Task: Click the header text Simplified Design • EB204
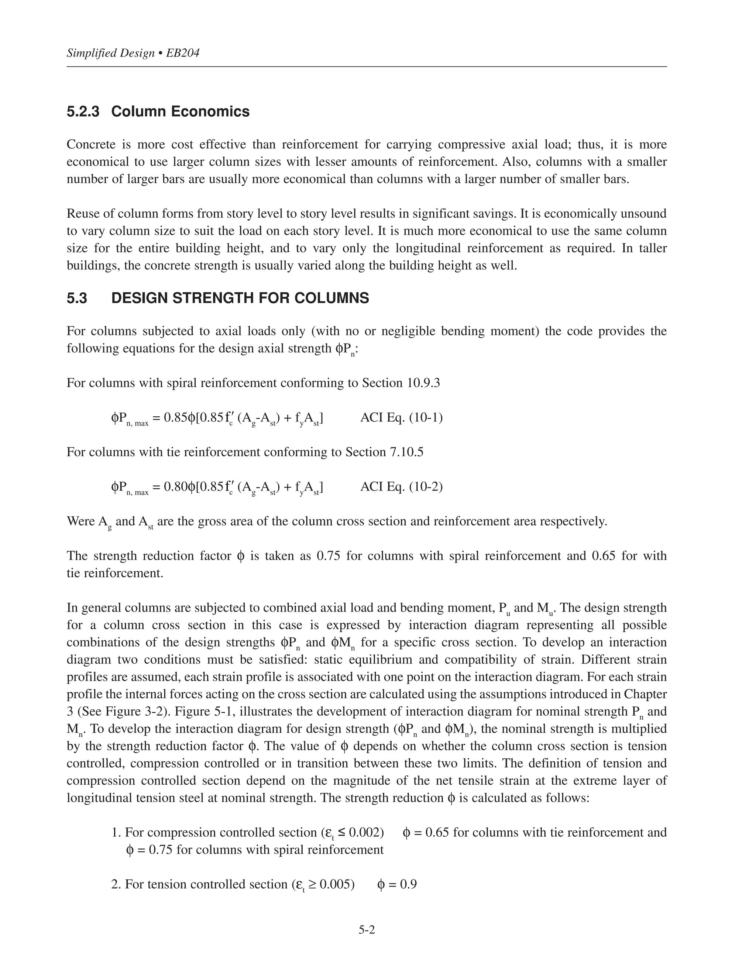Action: click(133, 53)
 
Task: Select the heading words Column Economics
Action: click(180, 111)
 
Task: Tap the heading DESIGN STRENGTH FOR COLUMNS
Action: click(240, 298)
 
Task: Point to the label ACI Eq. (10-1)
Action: click(401, 418)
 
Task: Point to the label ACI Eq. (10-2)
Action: click(401, 487)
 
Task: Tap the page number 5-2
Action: click(366, 930)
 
